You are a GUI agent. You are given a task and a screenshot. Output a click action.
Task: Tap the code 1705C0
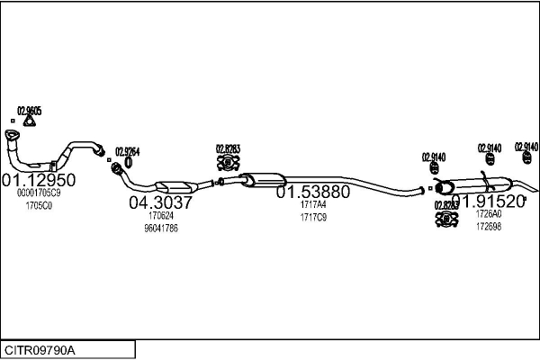(39, 205)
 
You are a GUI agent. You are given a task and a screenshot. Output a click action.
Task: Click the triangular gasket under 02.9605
(30, 123)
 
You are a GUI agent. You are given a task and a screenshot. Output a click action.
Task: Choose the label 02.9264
(127, 151)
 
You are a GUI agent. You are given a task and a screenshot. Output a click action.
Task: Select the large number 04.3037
(161, 202)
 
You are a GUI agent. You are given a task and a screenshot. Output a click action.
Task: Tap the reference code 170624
(161, 216)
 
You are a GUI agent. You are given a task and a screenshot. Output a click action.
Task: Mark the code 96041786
(161, 229)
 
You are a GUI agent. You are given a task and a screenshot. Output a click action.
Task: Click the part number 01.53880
(312, 192)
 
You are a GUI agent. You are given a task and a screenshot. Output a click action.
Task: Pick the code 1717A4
(312, 204)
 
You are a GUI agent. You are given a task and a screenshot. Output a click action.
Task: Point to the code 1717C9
(312, 217)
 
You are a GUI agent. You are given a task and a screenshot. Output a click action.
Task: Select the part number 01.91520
(488, 201)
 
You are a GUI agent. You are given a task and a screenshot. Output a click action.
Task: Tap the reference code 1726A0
(488, 214)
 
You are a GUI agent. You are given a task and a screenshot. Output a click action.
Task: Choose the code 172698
(488, 226)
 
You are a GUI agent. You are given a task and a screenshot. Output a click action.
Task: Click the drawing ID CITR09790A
(41, 349)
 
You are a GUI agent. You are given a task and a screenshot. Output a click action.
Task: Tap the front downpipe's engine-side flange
(13, 138)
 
